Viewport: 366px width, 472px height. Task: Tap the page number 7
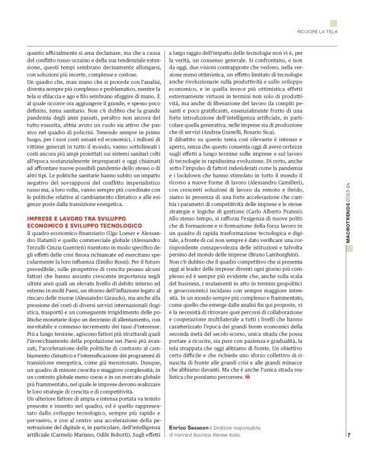[x=348, y=451]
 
